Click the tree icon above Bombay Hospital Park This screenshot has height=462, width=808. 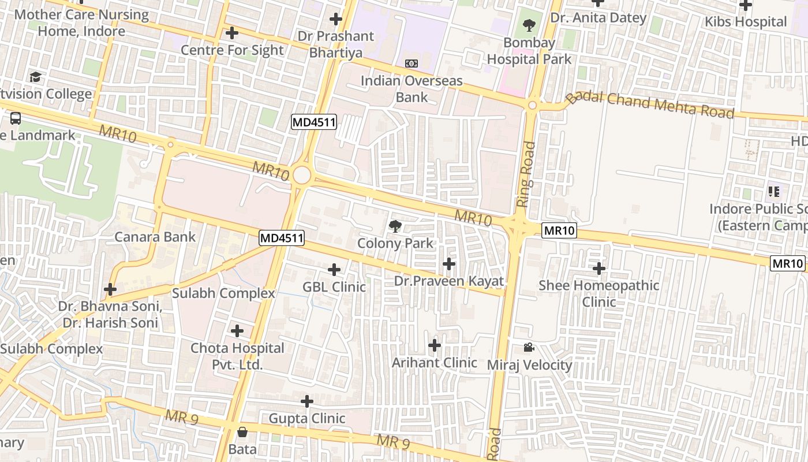(528, 25)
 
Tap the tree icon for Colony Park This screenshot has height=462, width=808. (395, 226)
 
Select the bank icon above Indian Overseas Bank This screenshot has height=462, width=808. (412, 63)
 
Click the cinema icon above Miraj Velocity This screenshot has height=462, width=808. (529, 347)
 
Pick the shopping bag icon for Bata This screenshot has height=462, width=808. (242, 432)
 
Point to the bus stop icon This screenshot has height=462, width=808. (16, 118)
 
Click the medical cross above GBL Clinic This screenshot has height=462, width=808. (334, 269)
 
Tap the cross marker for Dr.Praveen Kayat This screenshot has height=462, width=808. (448, 264)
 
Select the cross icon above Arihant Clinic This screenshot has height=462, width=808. (435, 345)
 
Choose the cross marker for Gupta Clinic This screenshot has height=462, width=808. (307, 401)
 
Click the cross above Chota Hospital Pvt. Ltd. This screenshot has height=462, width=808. (237, 331)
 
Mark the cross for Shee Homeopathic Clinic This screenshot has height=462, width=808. (599, 268)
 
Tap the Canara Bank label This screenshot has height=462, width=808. (155, 237)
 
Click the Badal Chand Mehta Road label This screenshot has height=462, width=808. (650, 105)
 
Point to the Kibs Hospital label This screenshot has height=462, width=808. (746, 22)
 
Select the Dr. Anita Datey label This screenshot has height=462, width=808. (598, 18)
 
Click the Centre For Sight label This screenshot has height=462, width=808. (232, 50)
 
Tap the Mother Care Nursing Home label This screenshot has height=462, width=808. (81, 23)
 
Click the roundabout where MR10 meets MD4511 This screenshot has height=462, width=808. (301, 175)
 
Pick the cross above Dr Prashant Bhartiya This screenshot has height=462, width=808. (336, 19)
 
